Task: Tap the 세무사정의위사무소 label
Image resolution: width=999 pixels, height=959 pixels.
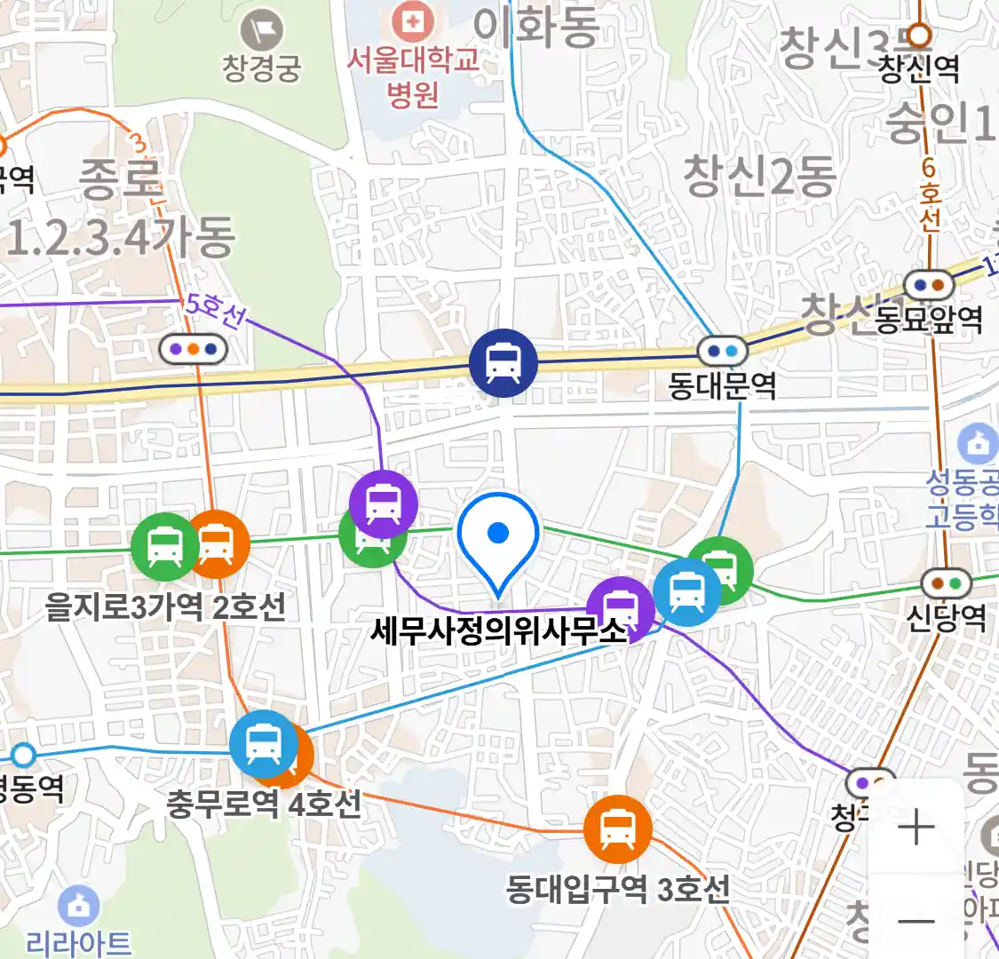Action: pos(498,631)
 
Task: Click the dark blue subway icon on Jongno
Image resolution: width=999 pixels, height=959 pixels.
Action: pos(503,363)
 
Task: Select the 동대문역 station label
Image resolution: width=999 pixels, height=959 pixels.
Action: pos(722,386)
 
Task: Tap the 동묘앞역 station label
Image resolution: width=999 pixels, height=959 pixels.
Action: pos(929,319)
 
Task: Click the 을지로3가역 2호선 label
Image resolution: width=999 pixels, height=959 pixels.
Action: pos(166,606)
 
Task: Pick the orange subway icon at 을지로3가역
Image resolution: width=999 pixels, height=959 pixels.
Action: pos(216,543)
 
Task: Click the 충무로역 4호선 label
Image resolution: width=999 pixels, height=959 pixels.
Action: pos(264,804)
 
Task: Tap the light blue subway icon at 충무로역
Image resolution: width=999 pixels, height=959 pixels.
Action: pos(263,744)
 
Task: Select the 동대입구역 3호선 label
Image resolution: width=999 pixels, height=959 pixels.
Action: pos(618,888)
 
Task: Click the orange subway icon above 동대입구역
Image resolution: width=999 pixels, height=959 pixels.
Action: pos(617,829)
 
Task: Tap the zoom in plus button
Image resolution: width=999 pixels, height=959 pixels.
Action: pos(916,828)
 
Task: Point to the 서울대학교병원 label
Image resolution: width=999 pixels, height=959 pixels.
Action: pos(413,76)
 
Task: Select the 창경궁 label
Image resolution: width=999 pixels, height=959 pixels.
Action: pos(262,68)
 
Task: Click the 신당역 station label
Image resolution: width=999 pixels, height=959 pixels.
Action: pos(946,616)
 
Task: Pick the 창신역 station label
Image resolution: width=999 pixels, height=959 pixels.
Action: pos(919,68)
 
